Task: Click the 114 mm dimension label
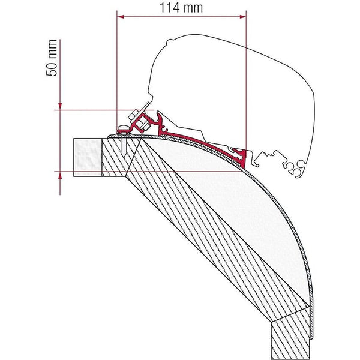pos(181,8)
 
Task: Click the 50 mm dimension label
pos(52,58)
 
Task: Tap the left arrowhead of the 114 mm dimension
pos(121,17)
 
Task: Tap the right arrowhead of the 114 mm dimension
pos(242,17)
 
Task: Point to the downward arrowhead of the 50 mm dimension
pos(60,106)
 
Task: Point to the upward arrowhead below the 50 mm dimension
pos(60,176)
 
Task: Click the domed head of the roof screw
pos(123,128)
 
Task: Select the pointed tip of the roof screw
pos(124,157)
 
